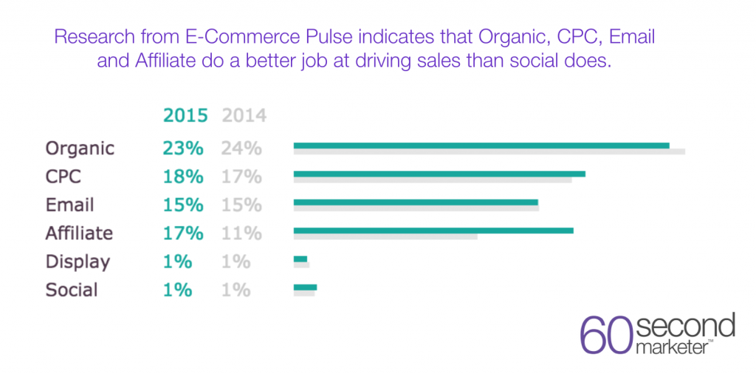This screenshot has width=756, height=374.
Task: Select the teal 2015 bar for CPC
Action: pyautogui.click(x=439, y=174)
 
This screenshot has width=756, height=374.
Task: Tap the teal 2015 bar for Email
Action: pyautogui.click(x=416, y=203)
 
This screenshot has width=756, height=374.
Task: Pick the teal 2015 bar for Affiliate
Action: pyautogui.click(x=433, y=231)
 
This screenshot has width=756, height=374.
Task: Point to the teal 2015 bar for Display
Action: pyautogui.click(x=300, y=259)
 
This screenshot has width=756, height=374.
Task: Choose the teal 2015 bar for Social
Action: pyautogui.click(x=305, y=287)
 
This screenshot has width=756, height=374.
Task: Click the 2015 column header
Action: pyautogui.click(x=185, y=116)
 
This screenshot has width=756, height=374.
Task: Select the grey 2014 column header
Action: pyautogui.click(x=244, y=116)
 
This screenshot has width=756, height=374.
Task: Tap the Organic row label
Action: pyautogui.click(x=80, y=148)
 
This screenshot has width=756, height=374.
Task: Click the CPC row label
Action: pyautogui.click(x=63, y=177)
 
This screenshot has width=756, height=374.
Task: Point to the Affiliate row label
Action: pyautogui.click(x=79, y=234)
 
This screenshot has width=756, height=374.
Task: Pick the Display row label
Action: pyautogui.click(x=78, y=262)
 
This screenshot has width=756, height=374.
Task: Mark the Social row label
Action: pyautogui.click(x=72, y=290)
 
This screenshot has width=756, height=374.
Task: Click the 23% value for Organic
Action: pyautogui.click(x=183, y=148)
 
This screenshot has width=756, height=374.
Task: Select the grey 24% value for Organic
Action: pyautogui.click(x=241, y=148)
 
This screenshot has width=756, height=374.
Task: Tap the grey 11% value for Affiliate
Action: pyautogui.click(x=241, y=234)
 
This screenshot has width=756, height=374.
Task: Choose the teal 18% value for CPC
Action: pyautogui.click(x=183, y=177)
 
